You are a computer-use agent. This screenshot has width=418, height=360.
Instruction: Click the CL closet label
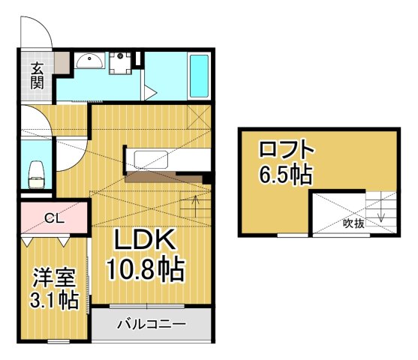coord(53,219)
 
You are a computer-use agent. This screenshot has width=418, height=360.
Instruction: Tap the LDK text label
coord(144,241)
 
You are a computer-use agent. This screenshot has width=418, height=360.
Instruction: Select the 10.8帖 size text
coord(146,268)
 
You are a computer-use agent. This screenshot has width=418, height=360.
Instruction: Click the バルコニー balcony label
coord(151,325)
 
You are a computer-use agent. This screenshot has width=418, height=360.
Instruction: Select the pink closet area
coord(54,220)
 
